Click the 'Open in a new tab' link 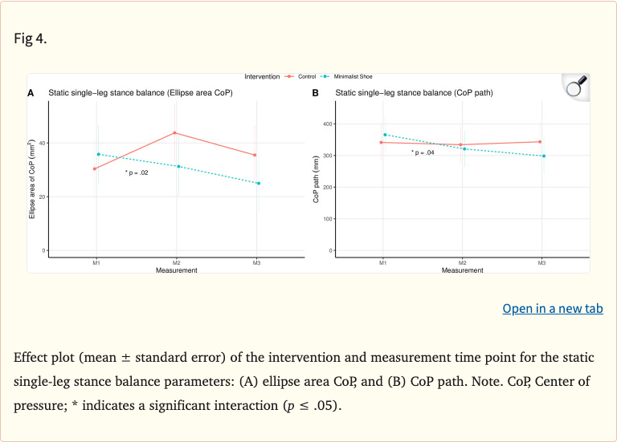click(x=553, y=309)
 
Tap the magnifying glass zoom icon click(x=574, y=87)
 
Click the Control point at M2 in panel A click(x=176, y=133)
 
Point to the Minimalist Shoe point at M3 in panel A click(x=258, y=183)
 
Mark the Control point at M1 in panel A click(x=95, y=168)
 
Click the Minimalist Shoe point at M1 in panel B click(x=385, y=135)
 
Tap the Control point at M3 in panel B click(x=541, y=142)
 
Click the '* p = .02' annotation click(x=137, y=172)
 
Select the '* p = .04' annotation click(x=423, y=152)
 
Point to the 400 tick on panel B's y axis click(x=327, y=124)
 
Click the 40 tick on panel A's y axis click(x=43, y=143)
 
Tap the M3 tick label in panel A click(x=256, y=263)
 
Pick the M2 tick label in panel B click(x=463, y=263)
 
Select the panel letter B click(x=316, y=94)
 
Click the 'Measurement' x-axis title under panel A click(x=176, y=270)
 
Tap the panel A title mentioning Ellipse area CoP click(x=141, y=94)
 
